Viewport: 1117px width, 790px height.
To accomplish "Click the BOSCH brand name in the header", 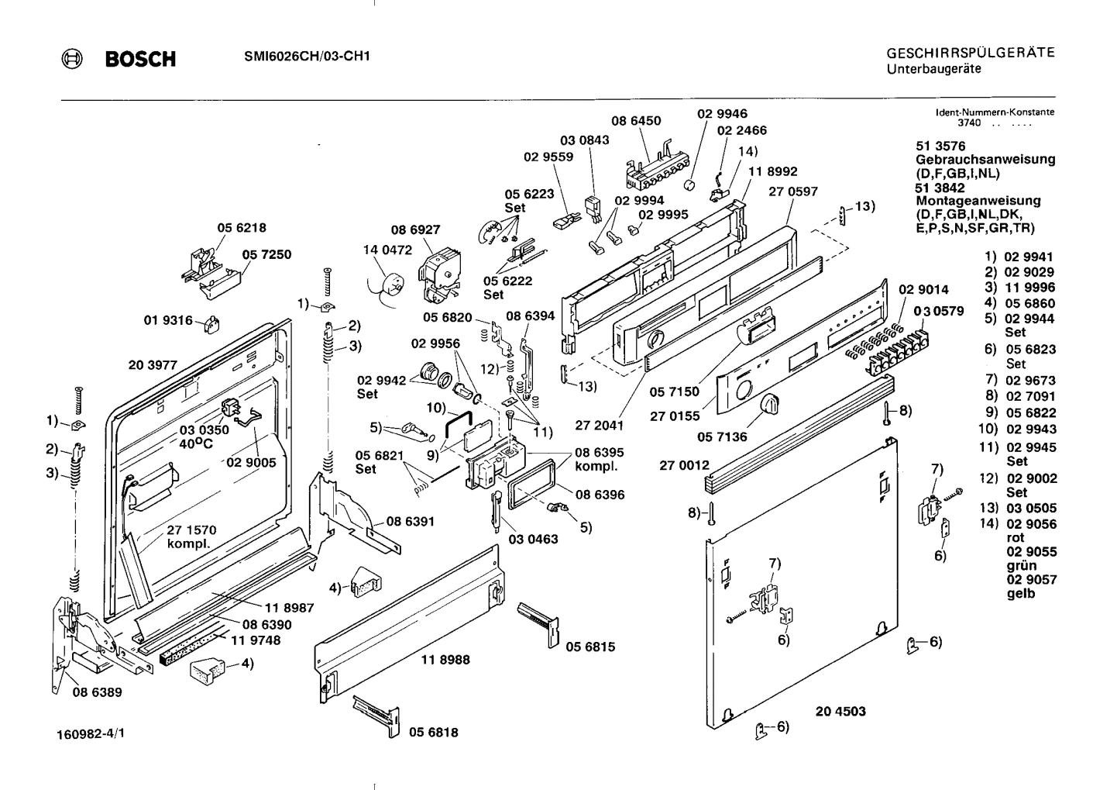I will pos(140,59).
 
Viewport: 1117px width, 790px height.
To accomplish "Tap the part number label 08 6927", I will pos(415,229).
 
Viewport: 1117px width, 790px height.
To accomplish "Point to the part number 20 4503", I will pos(840,711).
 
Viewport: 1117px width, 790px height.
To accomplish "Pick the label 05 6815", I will pos(590,646).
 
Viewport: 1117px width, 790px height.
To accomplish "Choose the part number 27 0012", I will pos(684,465).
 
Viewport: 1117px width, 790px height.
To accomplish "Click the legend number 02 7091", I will pos(1029,396).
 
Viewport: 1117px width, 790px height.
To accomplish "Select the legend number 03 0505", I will pos(1029,509).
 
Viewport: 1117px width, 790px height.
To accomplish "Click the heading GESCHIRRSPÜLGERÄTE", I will pos(970,53).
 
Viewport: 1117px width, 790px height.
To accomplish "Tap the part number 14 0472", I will pos(387,250).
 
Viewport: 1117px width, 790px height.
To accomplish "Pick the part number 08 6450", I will pos(636,121).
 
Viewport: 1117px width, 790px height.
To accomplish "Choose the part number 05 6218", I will pos(241,228).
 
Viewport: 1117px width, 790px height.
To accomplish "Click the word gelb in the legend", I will pos(1021,594).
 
